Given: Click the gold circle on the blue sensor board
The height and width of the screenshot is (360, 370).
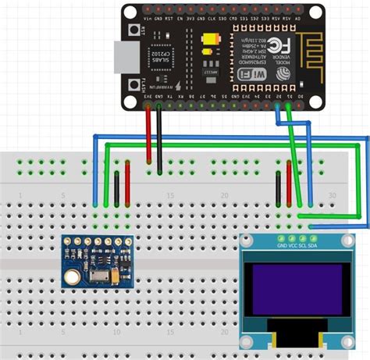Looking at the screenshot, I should pos(72,275).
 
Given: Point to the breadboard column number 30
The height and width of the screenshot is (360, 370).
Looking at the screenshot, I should pos(333,194).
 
